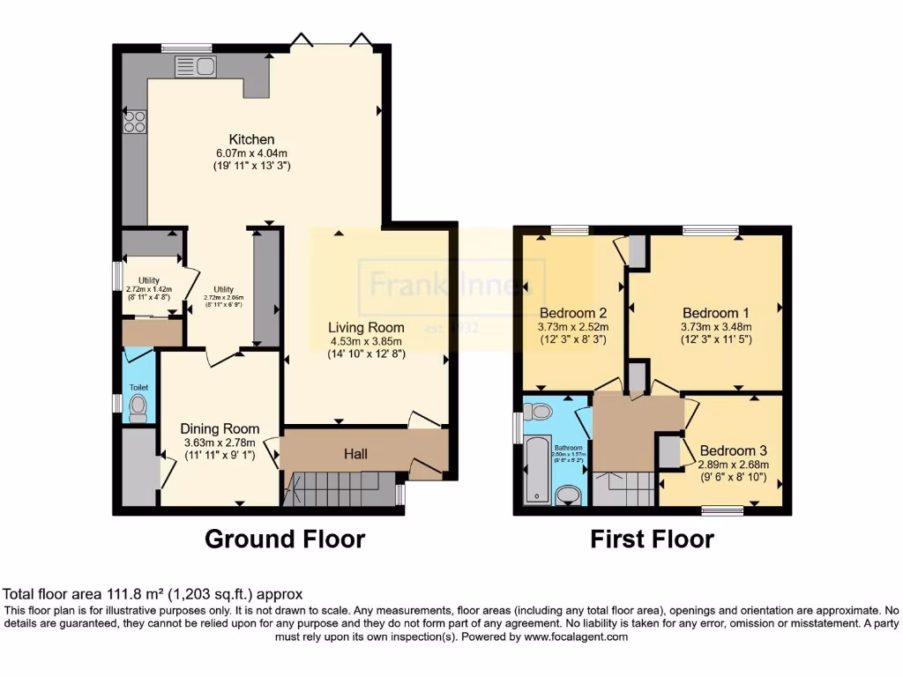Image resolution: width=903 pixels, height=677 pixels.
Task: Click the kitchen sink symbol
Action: pos(196,66)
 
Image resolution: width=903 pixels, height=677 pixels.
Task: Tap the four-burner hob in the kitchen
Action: pos(135,122)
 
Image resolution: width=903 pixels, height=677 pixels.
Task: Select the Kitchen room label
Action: pos(252,139)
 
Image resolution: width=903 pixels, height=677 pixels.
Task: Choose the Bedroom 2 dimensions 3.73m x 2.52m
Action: pos(572,325)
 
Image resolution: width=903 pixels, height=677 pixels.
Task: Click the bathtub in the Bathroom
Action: pos(537,470)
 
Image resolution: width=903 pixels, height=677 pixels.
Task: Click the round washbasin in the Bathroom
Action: pos(572,496)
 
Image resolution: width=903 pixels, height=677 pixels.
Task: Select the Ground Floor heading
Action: pos(285,539)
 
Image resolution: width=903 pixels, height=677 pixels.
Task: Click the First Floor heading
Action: pos(652,539)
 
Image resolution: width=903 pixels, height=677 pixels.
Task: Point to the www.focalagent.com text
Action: pos(575,636)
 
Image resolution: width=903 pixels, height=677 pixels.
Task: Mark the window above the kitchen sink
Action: pos(187,48)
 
